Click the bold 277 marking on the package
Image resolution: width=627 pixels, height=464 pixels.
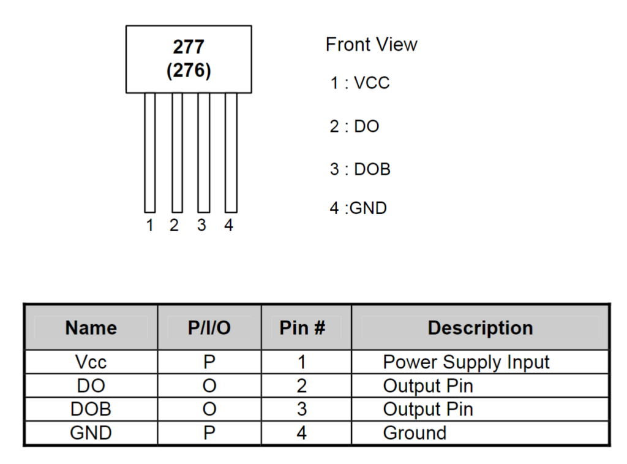(x=189, y=47)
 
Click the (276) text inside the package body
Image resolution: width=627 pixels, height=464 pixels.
(x=189, y=70)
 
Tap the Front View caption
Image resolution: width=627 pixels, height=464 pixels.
(x=371, y=44)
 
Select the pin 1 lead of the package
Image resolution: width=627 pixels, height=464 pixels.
(x=150, y=153)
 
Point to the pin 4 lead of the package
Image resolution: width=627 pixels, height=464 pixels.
(x=231, y=153)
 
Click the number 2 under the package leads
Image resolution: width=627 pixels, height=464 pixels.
(x=173, y=226)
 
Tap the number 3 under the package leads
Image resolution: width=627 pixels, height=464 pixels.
(x=201, y=226)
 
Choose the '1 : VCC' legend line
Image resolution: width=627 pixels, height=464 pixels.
(x=359, y=83)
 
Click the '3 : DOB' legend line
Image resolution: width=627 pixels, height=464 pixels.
(x=360, y=169)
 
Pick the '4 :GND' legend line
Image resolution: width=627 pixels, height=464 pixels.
(x=358, y=208)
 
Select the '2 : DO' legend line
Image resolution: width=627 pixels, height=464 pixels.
(x=355, y=126)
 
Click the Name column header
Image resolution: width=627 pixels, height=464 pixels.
(x=91, y=328)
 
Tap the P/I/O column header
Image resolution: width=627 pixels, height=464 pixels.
(x=209, y=328)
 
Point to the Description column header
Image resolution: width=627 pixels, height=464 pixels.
(x=480, y=328)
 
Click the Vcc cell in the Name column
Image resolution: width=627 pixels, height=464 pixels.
(x=91, y=362)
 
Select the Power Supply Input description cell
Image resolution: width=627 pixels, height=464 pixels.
(x=466, y=362)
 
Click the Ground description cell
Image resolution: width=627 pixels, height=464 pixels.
(x=415, y=433)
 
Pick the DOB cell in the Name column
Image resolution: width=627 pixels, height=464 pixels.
(x=91, y=409)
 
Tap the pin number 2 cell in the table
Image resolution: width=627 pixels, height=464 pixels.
(x=302, y=386)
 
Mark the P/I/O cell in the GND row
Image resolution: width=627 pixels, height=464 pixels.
(x=209, y=433)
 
